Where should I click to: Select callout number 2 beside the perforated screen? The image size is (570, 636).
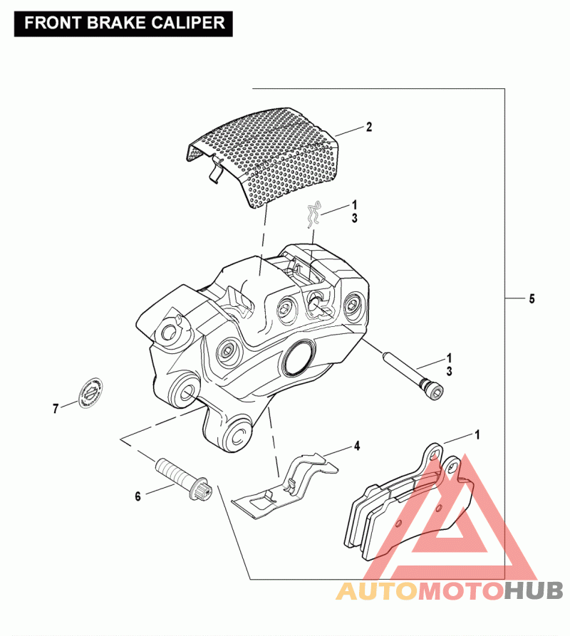[x=369, y=127]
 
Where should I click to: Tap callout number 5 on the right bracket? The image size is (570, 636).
[x=532, y=299]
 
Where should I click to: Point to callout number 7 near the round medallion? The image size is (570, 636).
[x=55, y=409]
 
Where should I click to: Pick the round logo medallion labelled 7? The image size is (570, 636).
[x=90, y=391]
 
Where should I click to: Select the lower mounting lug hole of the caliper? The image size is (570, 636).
[x=237, y=436]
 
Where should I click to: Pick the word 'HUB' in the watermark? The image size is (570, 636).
[x=534, y=590]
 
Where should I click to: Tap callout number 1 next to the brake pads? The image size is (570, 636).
[x=477, y=433]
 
